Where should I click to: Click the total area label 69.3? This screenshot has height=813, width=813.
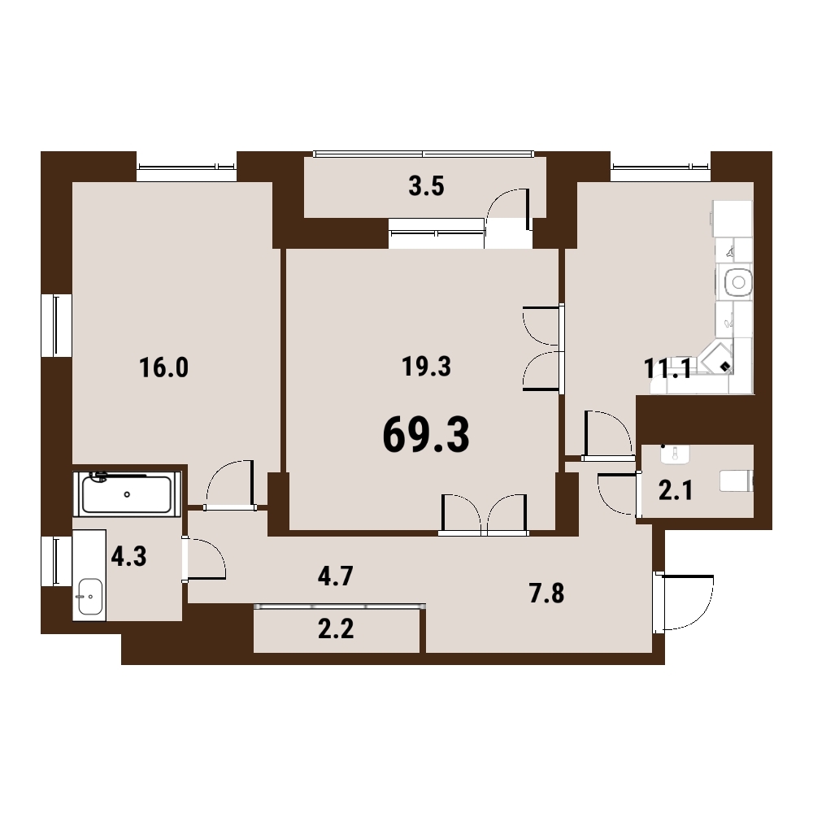426,435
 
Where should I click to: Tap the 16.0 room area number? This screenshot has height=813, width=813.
164,367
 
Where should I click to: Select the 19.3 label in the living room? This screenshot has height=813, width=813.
426,367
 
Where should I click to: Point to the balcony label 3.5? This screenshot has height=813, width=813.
426,187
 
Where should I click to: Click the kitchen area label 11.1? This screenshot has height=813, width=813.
667,369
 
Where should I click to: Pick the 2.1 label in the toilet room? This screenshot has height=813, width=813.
676,490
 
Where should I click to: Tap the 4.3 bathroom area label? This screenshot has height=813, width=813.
129,556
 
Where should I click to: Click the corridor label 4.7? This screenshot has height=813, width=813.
336,576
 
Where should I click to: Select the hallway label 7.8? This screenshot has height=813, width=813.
546,593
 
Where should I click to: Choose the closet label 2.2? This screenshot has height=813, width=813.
336,629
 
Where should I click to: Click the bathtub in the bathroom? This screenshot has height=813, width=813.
127,494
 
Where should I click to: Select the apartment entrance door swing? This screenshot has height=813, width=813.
685,602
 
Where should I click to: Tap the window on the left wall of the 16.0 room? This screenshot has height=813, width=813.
57,326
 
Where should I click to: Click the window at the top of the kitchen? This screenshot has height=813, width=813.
660,167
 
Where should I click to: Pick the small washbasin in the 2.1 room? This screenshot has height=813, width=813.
675,454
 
